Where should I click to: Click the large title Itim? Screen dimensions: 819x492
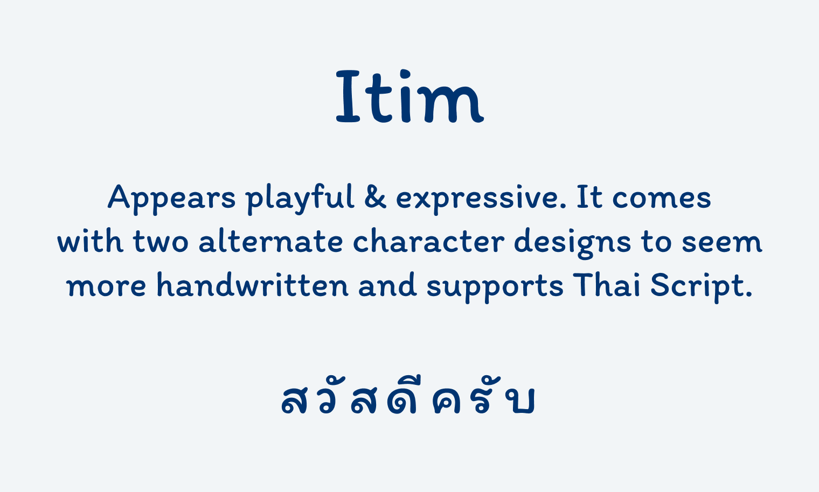click(410, 96)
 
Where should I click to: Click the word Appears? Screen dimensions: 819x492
click(171, 199)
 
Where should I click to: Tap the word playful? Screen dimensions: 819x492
click(300, 199)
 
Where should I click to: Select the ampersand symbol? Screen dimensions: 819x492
click(375, 197)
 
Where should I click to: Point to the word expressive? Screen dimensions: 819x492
click(481, 199)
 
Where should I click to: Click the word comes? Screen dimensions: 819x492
click(662, 199)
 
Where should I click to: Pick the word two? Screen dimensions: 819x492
click(161, 242)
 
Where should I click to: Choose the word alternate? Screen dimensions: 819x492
click(271, 240)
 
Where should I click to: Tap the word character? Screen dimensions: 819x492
click(428, 240)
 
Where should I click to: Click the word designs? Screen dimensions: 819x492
click(573, 243)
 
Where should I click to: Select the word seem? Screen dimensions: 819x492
click(722, 243)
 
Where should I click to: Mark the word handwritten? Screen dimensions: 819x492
click(253, 284)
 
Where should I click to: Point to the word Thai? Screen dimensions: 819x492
click(607, 285)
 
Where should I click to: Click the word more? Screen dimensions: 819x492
click(106, 287)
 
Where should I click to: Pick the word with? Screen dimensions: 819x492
click(90, 240)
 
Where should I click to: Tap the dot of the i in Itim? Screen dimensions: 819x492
click(405, 73)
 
